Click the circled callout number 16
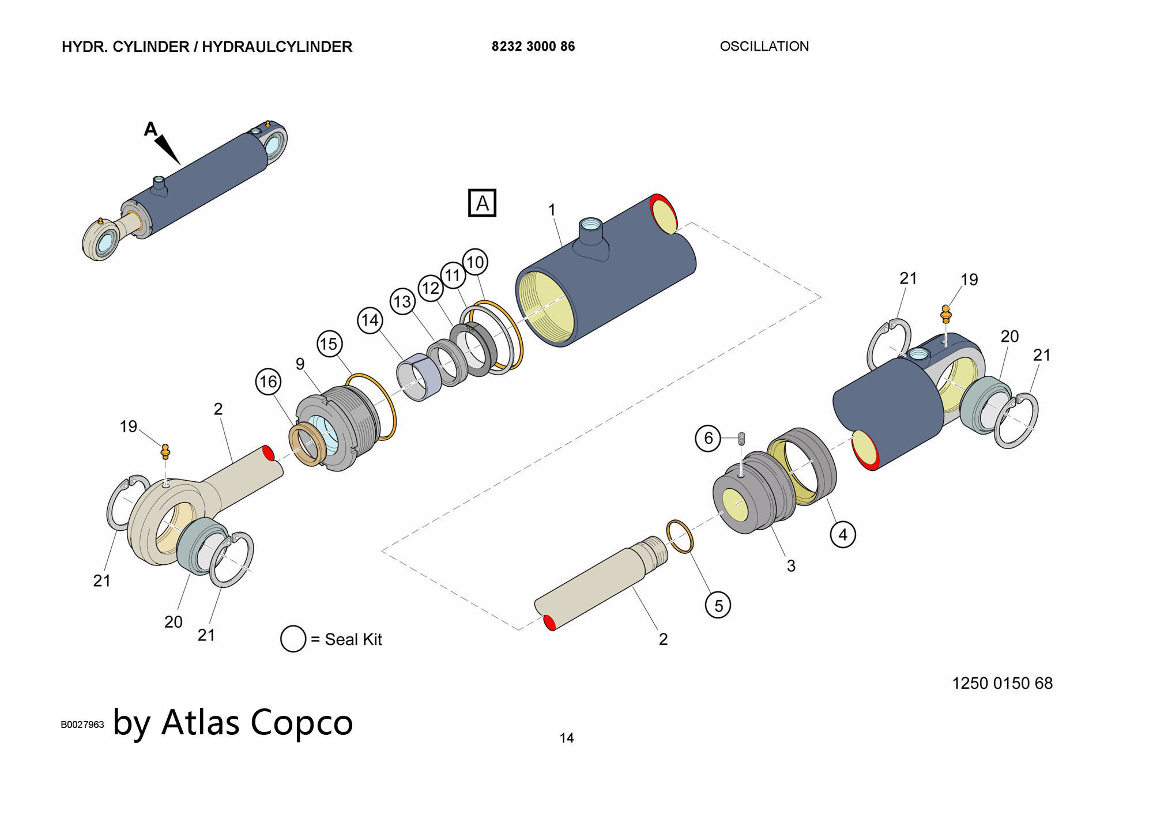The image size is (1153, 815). pyautogui.click(x=268, y=382)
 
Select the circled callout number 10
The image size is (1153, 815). pyautogui.click(x=475, y=262)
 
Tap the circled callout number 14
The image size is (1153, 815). pyautogui.click(x=370, y=320)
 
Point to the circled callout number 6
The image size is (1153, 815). pyautogui.click(x=708, y=438)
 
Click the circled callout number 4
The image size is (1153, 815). pyautogui.click(x=842, y=534)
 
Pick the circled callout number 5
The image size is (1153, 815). pyautogui.click(x=718, y=605)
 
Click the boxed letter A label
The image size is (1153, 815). pyautogui.click(x=482, y=203)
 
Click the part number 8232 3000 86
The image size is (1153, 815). pyautogui.click(x=533, y=47)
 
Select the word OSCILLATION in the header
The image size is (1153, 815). pyautogui.click(x=764, y=47)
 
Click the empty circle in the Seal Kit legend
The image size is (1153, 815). pyautogui.click(x=293, y=639)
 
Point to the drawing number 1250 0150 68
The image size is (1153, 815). pyautogui.click(x=1002, y=684)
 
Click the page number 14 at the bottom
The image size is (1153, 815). pyautogui.click(x=567, y=738)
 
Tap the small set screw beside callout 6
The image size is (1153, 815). pyautogui.click(x=742, y=439)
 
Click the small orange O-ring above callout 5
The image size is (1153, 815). pyautogui.click(x=680, y=536)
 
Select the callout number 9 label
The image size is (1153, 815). pyautogui.click(x=300, y=364)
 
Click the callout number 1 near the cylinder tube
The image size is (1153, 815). pyautogui.click(x=552, y=210)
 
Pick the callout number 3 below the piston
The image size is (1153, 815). pyautogui.click(x=791, y=566)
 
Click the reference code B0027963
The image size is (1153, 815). pyautogui.click(x=82, y=725)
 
